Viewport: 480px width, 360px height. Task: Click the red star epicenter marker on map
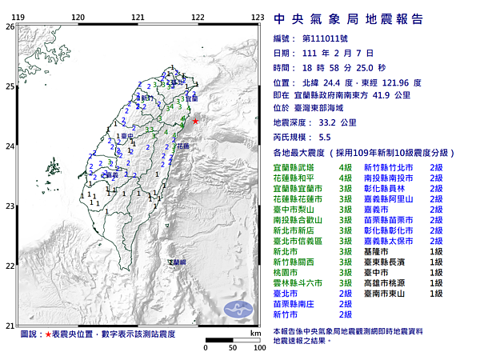(194, 121)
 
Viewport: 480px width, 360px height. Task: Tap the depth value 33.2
(330, 124)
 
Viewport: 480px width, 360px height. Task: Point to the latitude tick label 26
(9, 26)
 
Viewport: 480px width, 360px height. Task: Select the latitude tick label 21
(9, 325)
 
